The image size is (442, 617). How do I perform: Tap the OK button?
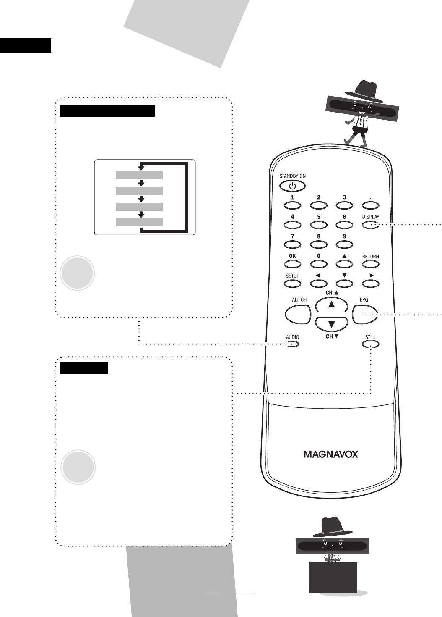(292, 264)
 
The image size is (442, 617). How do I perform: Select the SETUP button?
(292, 284)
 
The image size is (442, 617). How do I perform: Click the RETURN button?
(370, 264)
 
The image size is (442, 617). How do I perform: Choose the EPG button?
(365, 314)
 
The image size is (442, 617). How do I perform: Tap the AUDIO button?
(292, 344)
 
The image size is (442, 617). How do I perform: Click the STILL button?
(370, 344)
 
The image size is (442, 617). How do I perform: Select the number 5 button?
(318, 225)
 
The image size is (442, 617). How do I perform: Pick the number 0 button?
(318, 264)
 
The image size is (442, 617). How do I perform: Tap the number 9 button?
(344, 244)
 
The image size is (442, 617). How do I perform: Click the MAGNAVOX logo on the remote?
(331, 454)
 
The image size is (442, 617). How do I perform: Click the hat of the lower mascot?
(332, 527)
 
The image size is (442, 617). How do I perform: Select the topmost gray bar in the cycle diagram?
(139, 175)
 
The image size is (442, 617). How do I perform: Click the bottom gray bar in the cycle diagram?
(139, 222)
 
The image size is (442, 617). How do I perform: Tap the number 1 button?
(292, 205)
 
